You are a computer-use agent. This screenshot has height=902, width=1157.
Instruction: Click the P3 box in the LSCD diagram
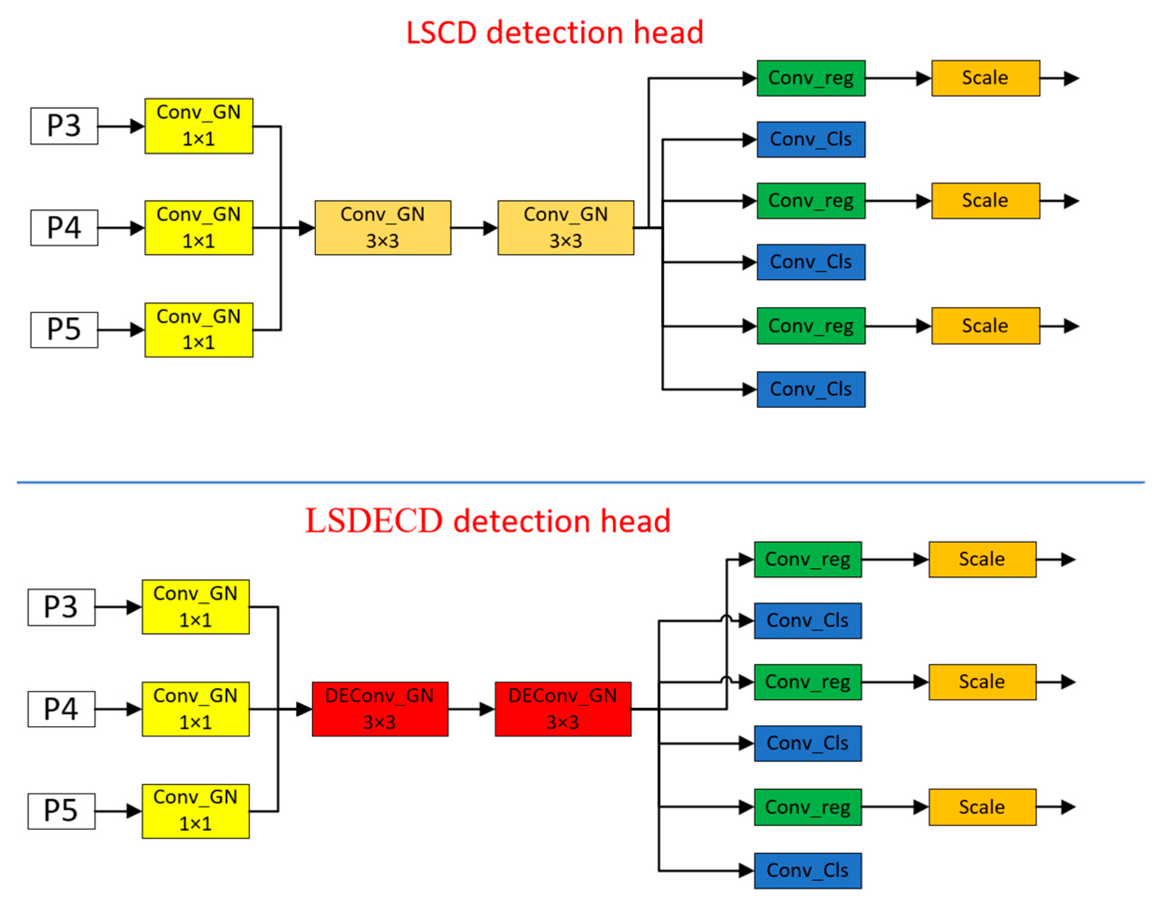64,126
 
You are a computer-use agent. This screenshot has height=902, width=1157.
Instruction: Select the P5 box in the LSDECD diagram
61,811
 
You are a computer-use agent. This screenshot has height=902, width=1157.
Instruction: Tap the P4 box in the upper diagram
64,227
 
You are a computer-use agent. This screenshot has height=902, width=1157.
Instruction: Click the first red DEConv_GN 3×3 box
380,709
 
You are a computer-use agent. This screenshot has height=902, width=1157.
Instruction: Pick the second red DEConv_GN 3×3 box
562,709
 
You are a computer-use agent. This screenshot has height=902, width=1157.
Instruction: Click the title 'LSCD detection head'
554,33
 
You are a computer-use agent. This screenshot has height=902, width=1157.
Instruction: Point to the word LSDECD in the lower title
373,521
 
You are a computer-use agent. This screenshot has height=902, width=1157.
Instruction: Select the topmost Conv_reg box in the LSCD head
811,78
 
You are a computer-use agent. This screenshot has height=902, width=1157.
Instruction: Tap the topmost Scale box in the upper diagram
985,78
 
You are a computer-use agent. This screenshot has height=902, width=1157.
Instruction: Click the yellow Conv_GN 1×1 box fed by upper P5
199,330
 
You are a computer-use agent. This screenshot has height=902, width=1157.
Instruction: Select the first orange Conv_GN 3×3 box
383,227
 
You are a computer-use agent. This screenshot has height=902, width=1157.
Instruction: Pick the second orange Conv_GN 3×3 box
565,227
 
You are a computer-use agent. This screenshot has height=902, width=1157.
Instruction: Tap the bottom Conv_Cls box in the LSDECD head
807,871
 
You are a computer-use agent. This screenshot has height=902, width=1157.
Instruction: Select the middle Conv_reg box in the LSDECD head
807,682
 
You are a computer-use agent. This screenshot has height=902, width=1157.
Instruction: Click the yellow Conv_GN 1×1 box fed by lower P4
196,709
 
